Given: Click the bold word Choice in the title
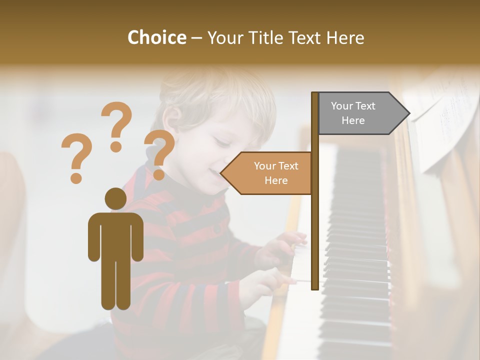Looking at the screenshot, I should (156, 37).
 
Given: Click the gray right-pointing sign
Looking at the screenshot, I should (360, 113).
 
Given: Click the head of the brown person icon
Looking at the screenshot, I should (115, 198).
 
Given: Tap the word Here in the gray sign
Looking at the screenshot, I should (353, 120).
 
